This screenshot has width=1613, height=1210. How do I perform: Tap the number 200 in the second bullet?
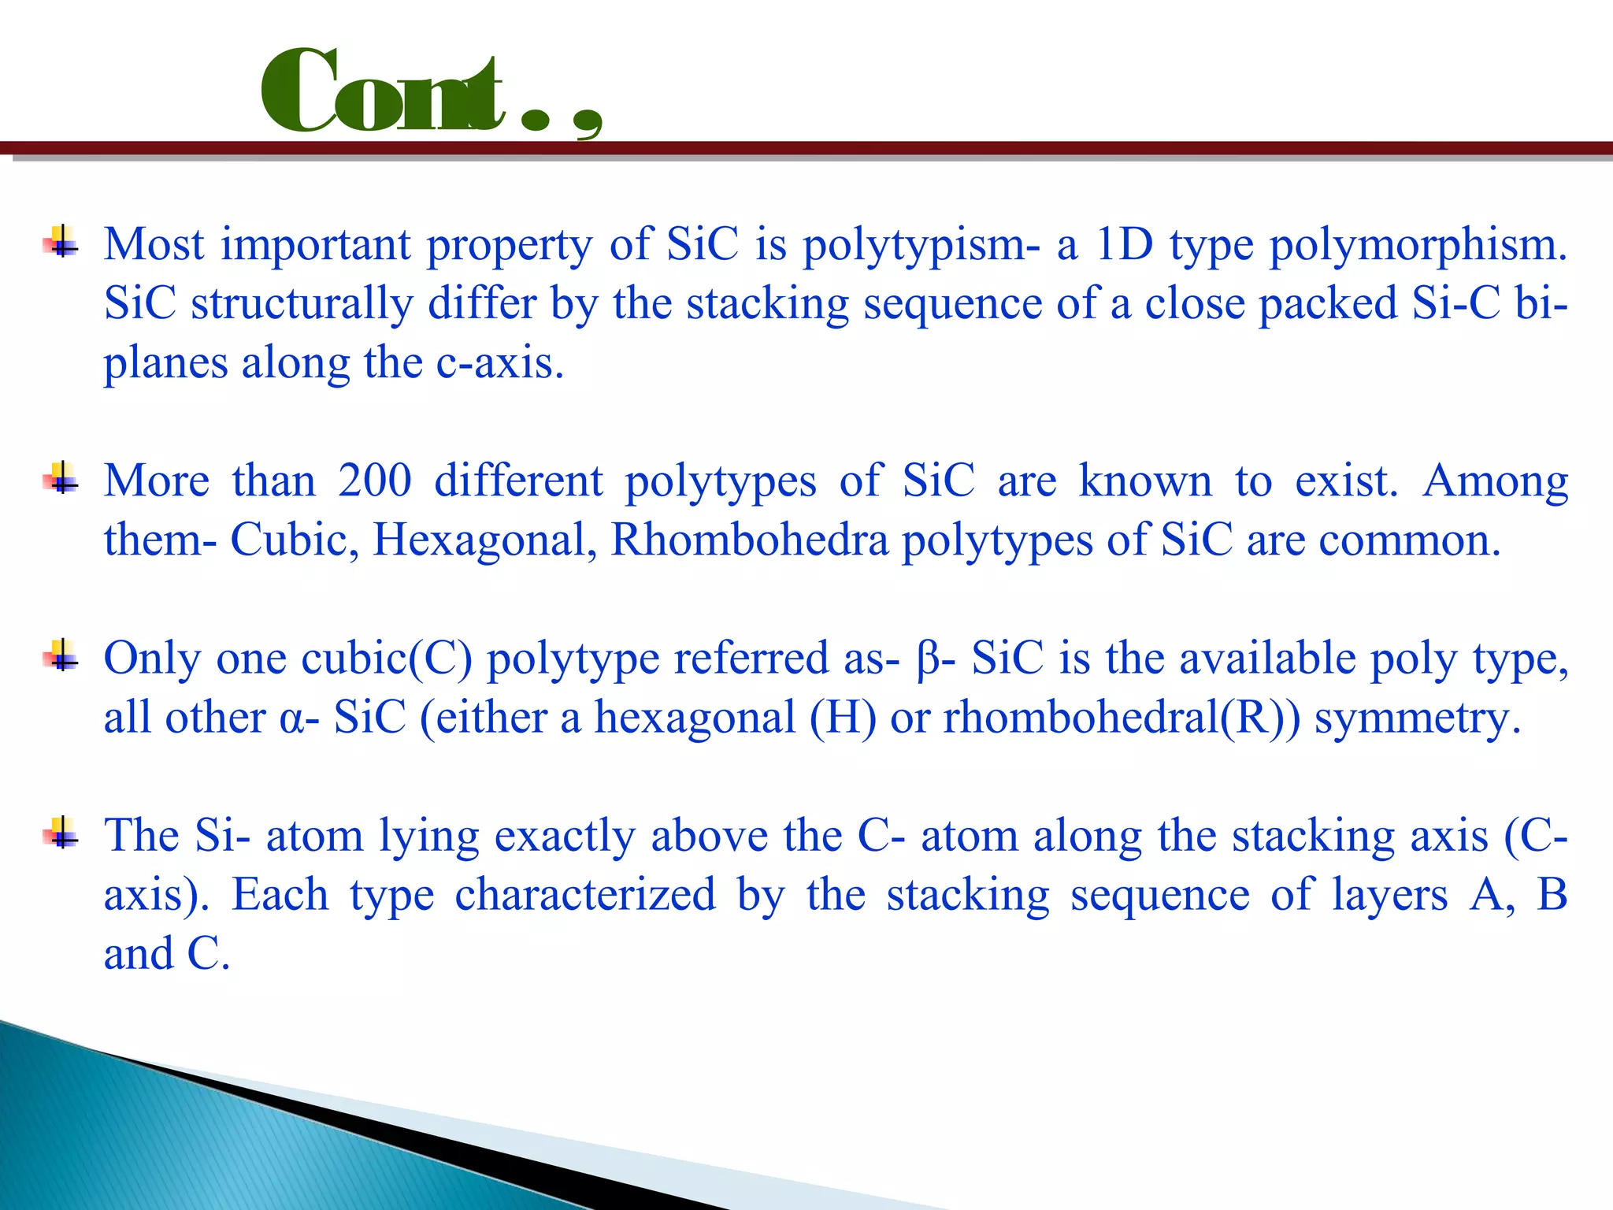point(374,481)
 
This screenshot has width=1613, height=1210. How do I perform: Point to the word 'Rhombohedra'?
point(749,540)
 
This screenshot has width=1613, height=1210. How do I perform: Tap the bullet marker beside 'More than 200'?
point(61,477)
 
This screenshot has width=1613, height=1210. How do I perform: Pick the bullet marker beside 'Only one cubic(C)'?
point(61,655)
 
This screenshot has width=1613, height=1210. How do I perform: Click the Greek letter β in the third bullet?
point(926,660)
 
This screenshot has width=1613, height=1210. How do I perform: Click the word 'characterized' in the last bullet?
point(585,896)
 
